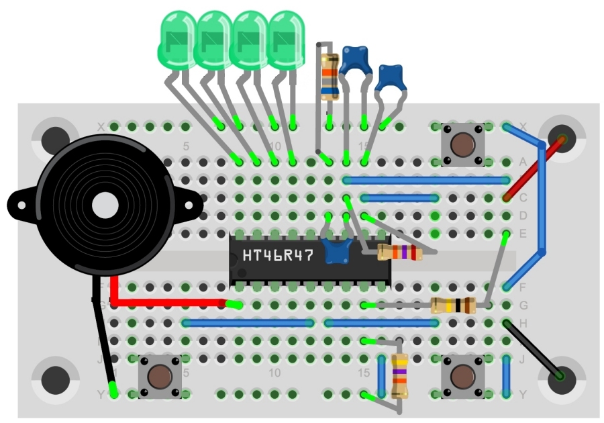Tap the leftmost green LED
[x=177, y=42]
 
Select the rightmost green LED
[x=287, y=42]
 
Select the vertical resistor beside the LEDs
[x=329, y=75]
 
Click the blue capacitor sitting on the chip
[x=338, y=250]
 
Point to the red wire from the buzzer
[x=168, y=302]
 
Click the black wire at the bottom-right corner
[x=534, y=349]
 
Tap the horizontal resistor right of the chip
[x=399, y=252]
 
